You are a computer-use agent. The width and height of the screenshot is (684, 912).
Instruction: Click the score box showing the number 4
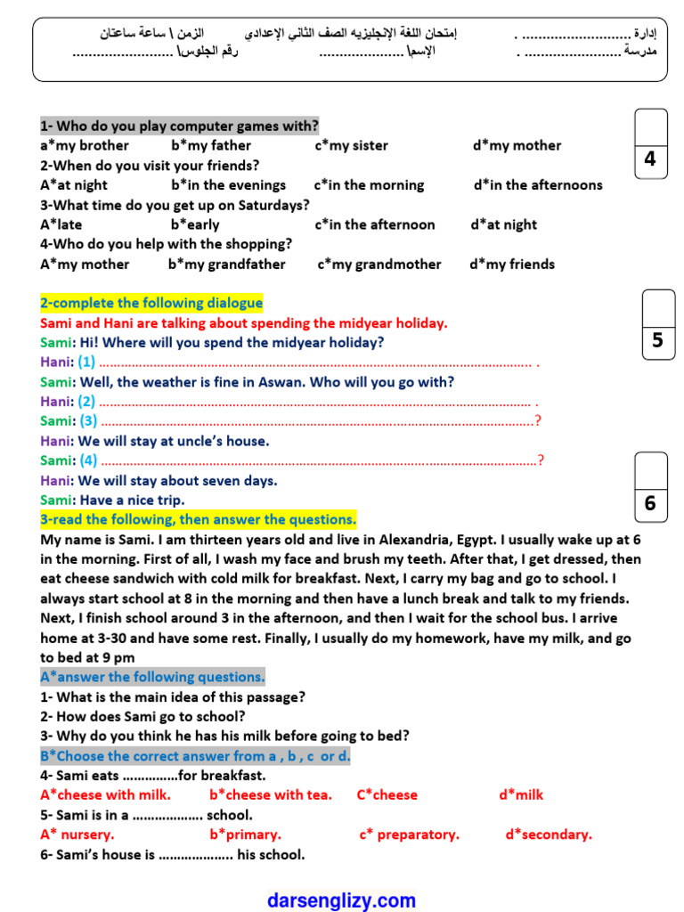click(650, 159)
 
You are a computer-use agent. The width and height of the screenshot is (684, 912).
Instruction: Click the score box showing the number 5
click(657, 340)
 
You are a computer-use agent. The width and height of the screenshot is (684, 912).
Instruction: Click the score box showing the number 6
click(650, 503)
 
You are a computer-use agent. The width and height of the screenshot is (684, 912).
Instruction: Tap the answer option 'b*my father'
click(211, 145)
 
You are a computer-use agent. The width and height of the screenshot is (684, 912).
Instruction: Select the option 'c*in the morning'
click(369, 185)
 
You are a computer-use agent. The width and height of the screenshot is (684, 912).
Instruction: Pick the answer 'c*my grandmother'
click(379, 264)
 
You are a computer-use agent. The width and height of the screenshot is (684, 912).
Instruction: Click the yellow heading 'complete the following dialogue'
click(151, 303)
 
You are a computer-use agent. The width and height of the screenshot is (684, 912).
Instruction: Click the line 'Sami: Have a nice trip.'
click(112, 500)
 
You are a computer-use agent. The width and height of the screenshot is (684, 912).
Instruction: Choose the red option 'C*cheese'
click(387, 794)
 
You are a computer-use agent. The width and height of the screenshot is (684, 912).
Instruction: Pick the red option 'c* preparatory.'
click(409, 835)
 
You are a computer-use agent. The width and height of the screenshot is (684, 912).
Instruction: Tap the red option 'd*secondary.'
click(549, 835)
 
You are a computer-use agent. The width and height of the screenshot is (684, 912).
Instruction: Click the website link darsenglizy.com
click(341, 900)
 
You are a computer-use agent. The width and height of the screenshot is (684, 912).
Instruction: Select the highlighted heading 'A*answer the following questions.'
click(152, 677)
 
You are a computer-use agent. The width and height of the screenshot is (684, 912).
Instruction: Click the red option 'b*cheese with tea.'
click(270, 794)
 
